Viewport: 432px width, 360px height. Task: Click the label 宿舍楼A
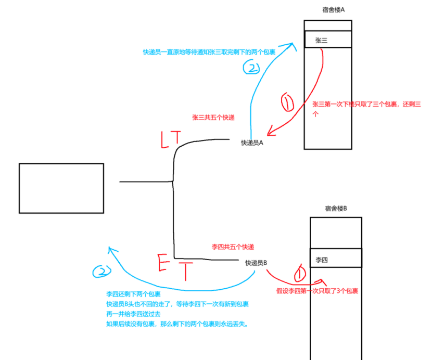[334, 9]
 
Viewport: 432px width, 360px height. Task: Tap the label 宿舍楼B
[336, 209]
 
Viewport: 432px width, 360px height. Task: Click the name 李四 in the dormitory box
[322, 259]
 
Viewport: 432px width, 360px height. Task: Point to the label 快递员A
[252, 143]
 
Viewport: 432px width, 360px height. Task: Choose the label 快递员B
[256, 263]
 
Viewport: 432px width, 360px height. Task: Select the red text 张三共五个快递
[213, 118]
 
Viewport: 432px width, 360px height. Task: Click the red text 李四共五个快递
[233, 246]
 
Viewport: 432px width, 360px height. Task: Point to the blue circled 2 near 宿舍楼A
[251, 68]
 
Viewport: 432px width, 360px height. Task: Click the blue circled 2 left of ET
[101, 271]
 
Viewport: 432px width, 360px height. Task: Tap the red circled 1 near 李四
[300, 272]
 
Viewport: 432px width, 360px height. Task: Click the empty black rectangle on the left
[61, 188]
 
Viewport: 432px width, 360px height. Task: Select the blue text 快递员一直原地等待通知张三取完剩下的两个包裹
[209, 52]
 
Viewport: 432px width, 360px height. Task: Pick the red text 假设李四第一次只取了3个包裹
[317, 291]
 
